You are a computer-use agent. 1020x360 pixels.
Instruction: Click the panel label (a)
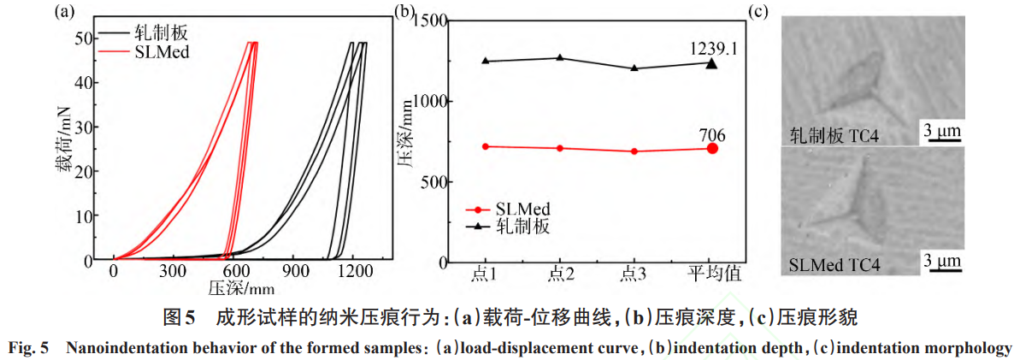pos(62,12)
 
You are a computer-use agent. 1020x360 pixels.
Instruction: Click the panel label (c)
pos(759,12)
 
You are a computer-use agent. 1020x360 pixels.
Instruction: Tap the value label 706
pos(711,133)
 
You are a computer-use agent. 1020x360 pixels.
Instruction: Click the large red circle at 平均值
pos(712,148)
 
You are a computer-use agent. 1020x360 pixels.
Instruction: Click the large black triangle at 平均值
pos(712,62)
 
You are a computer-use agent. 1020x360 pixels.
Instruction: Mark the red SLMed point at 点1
pos(486,146)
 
